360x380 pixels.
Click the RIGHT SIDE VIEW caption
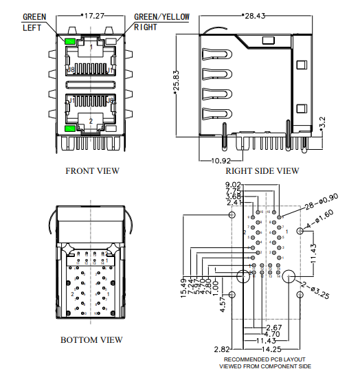tap(262, 171)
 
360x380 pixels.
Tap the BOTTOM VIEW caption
tap(92, 339)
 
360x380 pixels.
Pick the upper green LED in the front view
tap(70, 42)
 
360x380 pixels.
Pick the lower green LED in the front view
tap(70, 128)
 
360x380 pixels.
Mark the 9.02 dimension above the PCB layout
tap(233, 185)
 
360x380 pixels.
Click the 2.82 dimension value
tap(222, 349)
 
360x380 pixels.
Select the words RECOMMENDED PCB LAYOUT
tap(265, 359)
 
